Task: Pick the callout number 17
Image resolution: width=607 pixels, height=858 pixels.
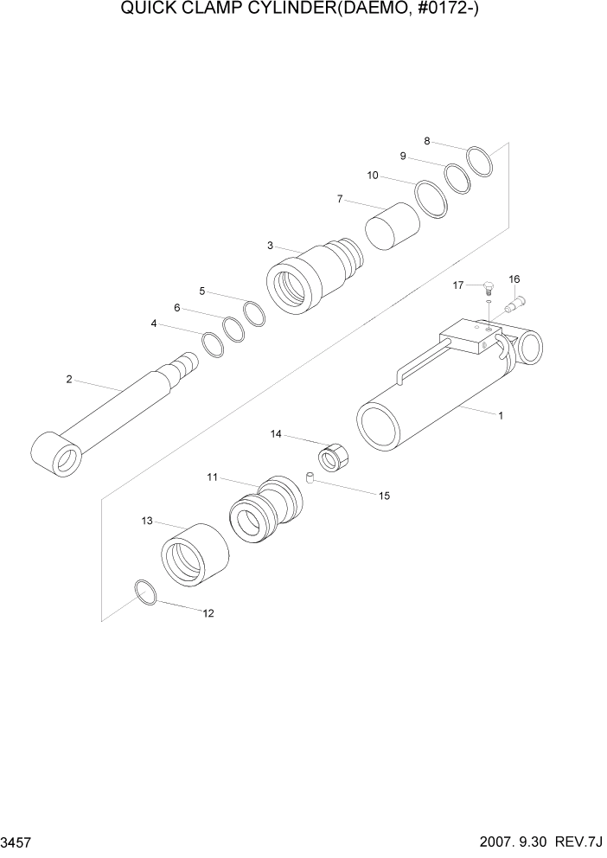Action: click(x=459, y=284)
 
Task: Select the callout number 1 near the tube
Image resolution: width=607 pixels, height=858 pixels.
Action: click(x=500, y=416)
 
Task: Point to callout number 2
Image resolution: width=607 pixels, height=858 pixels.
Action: click(x=68, y=379)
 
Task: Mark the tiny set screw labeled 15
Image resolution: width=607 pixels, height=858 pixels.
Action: click(x=308, y=477)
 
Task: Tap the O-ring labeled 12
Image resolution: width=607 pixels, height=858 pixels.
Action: click(x=146, y=593)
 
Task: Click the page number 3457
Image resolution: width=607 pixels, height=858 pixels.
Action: click(x=18, y=842)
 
